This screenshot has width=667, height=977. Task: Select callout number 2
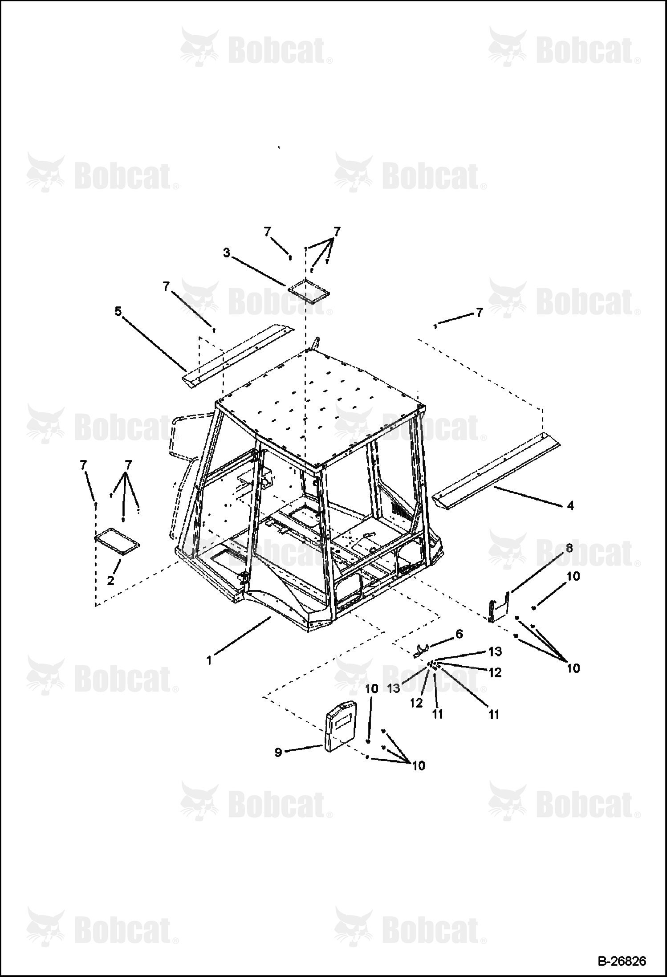[x=110, y=581]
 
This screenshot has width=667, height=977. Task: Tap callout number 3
[x=227, y=253]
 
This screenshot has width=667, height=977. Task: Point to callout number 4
[x=570, y=506]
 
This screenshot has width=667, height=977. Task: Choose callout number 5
[x=118, y=311]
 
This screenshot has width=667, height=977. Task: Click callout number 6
[x=459, y=634]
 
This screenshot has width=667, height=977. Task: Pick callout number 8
[x=569, y=549]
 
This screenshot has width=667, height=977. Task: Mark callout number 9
[x=278, y=753]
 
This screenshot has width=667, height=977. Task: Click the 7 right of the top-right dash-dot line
[x=479, y=313]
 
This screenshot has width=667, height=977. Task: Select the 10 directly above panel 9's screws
[x=371, y=689]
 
